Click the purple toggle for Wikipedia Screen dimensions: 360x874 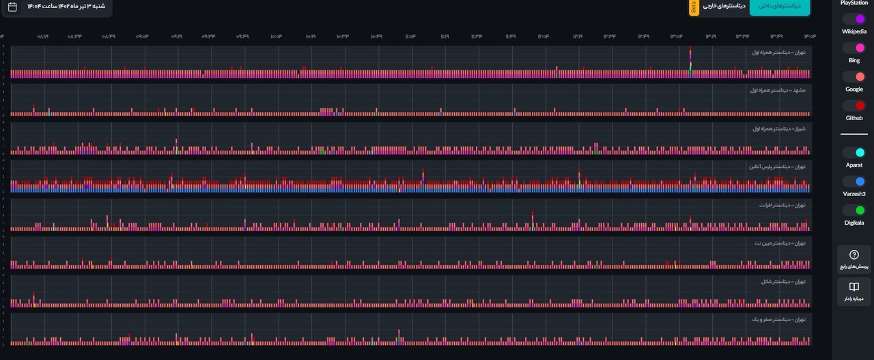click(x=854, y=19)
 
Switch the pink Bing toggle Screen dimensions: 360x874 click(x=854, y=48)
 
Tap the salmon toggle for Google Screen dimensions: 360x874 click(x=854, y=77)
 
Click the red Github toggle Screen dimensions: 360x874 click(x=854, y=105)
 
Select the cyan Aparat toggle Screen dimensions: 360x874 click(x=854, y=152)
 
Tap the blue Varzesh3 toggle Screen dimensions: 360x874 click(x=854, y=181)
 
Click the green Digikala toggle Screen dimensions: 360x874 click(x=854, y=210)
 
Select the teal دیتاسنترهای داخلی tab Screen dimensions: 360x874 click(x=780, y=6)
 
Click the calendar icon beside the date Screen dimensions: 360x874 click(x=12, y=7)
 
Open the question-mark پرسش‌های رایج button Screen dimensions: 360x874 click(x=854, y=259)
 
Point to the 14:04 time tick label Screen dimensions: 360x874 click(x=810, y=36)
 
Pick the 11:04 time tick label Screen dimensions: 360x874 click(x=410, y=36)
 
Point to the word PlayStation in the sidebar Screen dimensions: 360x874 click(x=854, y=3)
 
